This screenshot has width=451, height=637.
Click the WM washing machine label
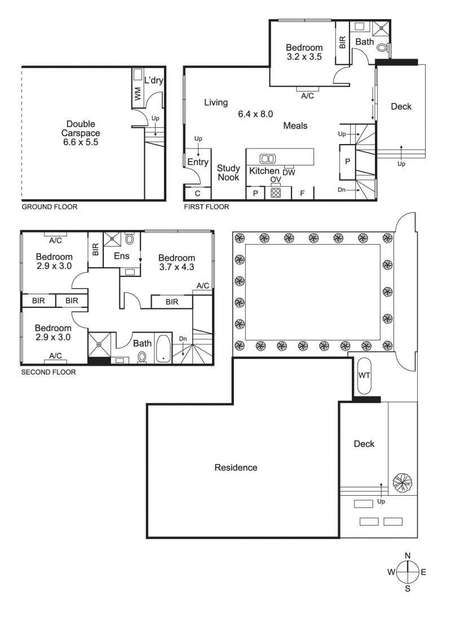tap(137, 94)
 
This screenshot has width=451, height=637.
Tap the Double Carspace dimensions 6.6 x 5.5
tap(81, 142)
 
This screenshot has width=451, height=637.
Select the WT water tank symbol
tap(364, 376)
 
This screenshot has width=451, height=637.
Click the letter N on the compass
tap(408, 556)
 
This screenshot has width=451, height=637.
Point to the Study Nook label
tap(228, 173)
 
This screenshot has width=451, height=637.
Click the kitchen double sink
tap(267, 159)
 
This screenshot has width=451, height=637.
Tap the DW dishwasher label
tap(289, 173)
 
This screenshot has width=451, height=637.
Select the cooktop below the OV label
tap(276, 192)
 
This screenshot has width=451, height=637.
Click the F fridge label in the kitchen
tap(302, 194)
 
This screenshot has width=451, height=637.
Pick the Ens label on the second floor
tap(122, 256)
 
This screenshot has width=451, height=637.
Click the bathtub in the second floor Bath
tap(164, 348)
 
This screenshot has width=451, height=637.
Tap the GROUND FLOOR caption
tap(49, 207)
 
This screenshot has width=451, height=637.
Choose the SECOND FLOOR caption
tap(48, 372)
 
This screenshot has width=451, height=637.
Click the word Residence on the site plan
tap(236, 468)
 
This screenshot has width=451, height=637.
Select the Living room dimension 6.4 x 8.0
tap(255, 114)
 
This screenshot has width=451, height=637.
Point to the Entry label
tap(198, 162)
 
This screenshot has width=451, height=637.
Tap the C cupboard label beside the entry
tap(198, 194)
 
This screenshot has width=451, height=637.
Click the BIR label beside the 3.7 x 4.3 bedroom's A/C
tap(172, 302)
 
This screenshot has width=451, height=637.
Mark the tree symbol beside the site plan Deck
tap(402, 482)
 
